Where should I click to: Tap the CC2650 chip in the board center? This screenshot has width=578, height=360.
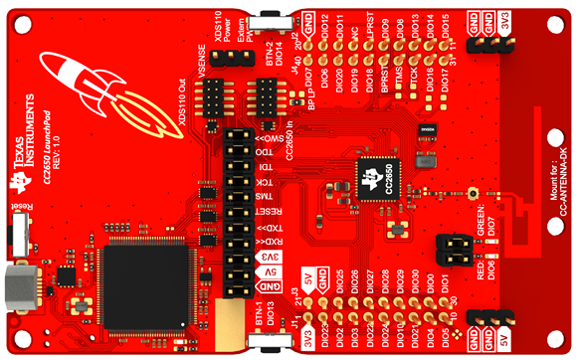pos(379,178)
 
